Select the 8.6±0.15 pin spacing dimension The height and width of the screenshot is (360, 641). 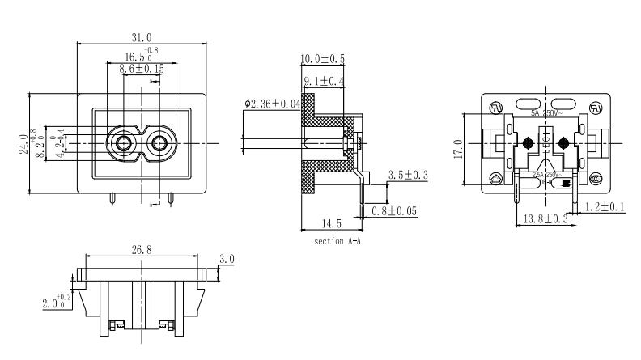tap(142, 70)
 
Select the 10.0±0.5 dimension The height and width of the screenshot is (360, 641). tap(323, 59)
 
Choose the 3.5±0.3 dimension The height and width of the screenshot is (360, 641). tap(409, 175)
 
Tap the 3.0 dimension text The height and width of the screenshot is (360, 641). tap(227, 260)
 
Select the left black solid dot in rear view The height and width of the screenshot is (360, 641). tap(528, 144)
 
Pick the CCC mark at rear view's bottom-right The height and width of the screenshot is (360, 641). tap(596, 179)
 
